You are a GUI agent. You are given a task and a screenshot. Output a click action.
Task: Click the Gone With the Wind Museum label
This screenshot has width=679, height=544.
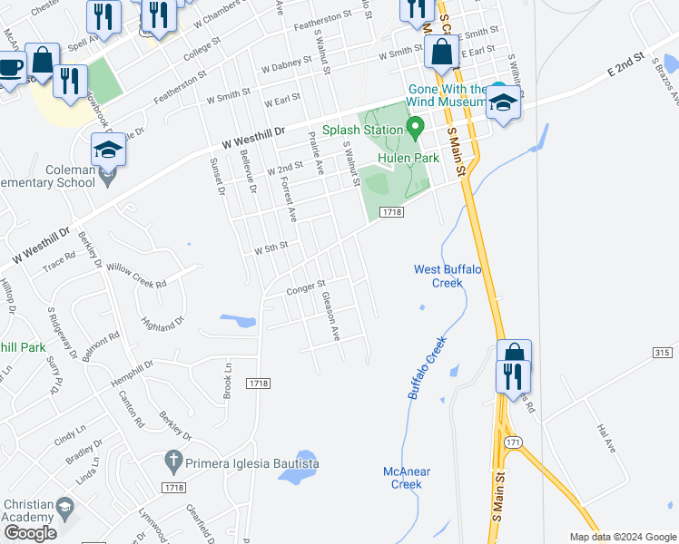tap(448, 96)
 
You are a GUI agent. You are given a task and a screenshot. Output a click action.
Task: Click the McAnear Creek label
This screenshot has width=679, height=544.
tap(407, 478)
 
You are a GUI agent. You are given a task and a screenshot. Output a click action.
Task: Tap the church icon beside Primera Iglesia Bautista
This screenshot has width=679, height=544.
tap(173, 462)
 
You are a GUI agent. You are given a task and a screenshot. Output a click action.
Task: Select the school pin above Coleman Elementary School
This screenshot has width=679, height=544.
tap(109, 150)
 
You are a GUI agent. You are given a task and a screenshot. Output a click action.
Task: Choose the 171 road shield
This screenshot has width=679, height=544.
tap(514, 442)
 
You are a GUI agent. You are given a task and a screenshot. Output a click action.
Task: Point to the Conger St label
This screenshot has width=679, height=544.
tap(306, 288)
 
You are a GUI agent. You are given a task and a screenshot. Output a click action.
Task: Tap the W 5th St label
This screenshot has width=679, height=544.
tap(271, 246)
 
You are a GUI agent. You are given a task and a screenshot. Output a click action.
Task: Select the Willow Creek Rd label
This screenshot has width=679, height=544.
tap(136, 276)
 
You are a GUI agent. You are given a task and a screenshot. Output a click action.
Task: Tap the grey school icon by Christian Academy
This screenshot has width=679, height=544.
tap(64, 505)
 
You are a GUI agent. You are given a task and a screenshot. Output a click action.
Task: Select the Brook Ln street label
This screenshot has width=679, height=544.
tap(228, 379)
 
